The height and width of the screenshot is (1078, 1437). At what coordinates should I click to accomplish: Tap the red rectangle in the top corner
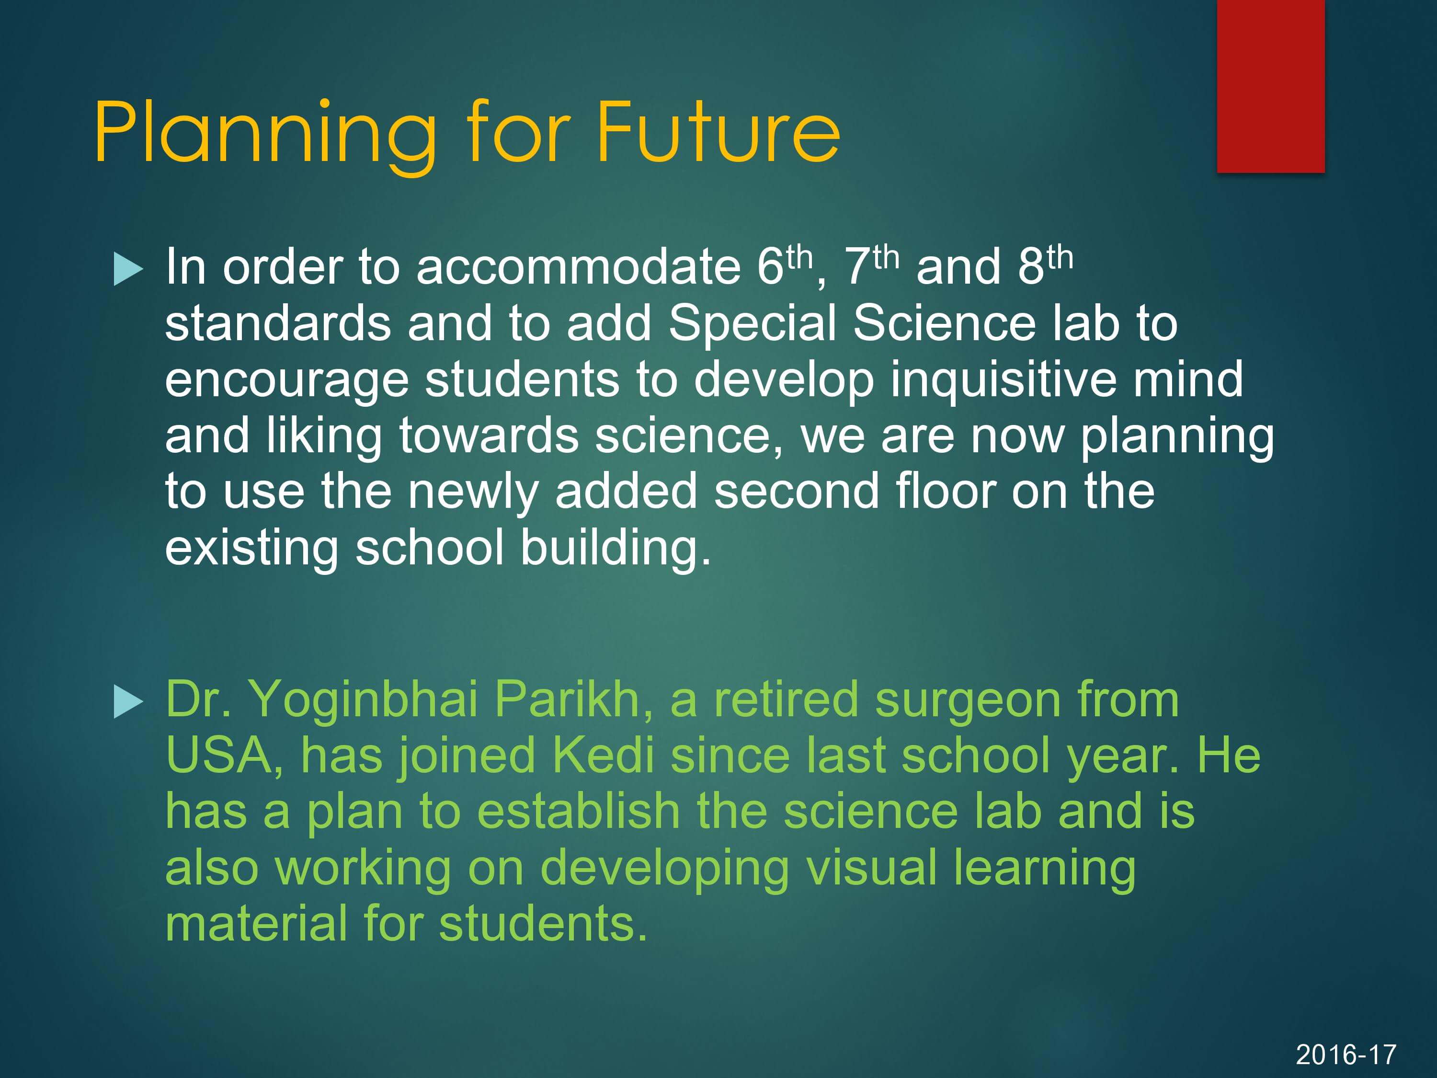click(1271, 86)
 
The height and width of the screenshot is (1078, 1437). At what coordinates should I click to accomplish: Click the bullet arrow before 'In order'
click(128, 269)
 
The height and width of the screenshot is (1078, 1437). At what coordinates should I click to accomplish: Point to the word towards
click(489, 436)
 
